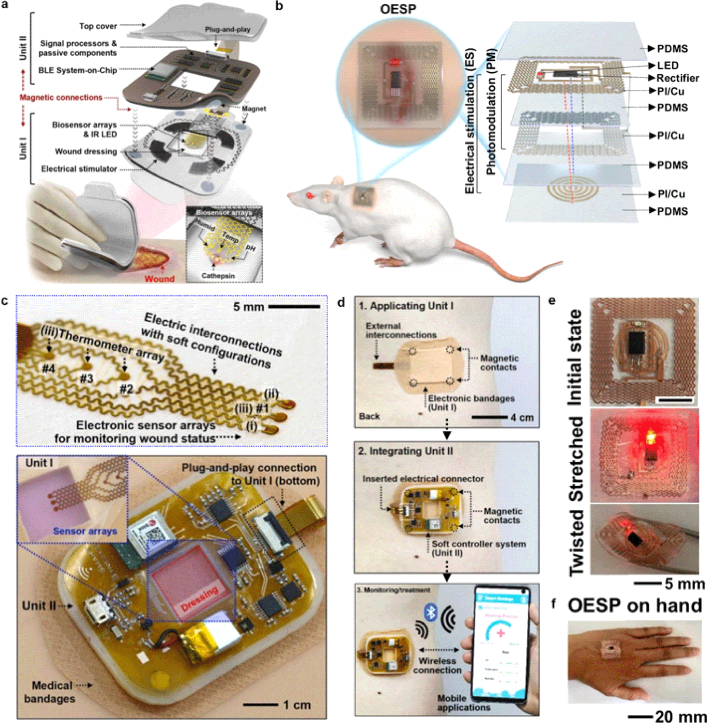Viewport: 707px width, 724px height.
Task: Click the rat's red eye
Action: (308, 195)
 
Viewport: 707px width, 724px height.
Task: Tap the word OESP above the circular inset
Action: (398, 9)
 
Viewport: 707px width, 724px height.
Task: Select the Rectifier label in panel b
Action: (678, 78)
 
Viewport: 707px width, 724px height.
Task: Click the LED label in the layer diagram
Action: (667, 65)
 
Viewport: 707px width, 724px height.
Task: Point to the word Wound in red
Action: (160, 278)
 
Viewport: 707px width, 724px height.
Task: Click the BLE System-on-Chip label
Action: (78, 70)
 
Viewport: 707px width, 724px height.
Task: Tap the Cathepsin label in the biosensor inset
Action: (218, 276)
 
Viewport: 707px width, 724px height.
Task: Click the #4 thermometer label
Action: (48, 369)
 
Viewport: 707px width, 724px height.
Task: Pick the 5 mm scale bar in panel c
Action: (294, 306)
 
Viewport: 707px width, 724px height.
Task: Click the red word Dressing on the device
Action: (200, 598)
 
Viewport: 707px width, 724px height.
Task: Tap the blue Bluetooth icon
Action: (430, 613)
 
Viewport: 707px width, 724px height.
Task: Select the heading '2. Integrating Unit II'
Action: (405, 451)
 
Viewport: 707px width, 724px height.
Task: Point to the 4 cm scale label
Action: (522, 418)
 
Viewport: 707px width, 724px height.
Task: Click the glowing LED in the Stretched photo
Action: (650, 438)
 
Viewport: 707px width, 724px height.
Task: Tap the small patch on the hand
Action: (610, 649)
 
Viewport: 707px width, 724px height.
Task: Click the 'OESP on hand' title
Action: (634, 606)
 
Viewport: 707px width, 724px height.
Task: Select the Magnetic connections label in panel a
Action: (61, 97)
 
